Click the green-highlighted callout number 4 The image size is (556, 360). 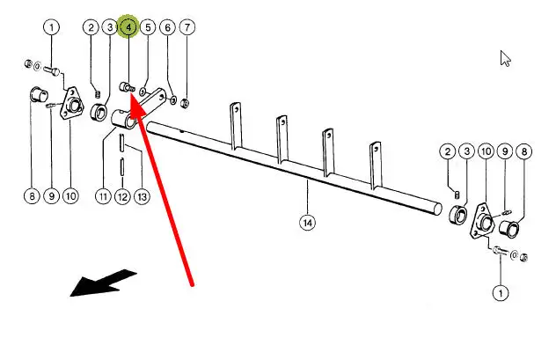(128, 28)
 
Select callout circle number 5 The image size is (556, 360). (148, 28)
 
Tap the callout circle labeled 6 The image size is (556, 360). (167, 28)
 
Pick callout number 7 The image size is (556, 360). (187, 28)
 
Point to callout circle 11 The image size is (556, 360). (103, 195)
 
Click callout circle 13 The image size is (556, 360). (141, 195)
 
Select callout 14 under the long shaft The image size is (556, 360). (306, 223)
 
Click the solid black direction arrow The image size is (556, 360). (101, 283)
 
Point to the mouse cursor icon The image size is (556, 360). (506, 59)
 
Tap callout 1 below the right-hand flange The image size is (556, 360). (501, 291)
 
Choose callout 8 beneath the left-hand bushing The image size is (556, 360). (33, 195)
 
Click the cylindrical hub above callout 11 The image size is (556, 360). (123, 118)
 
